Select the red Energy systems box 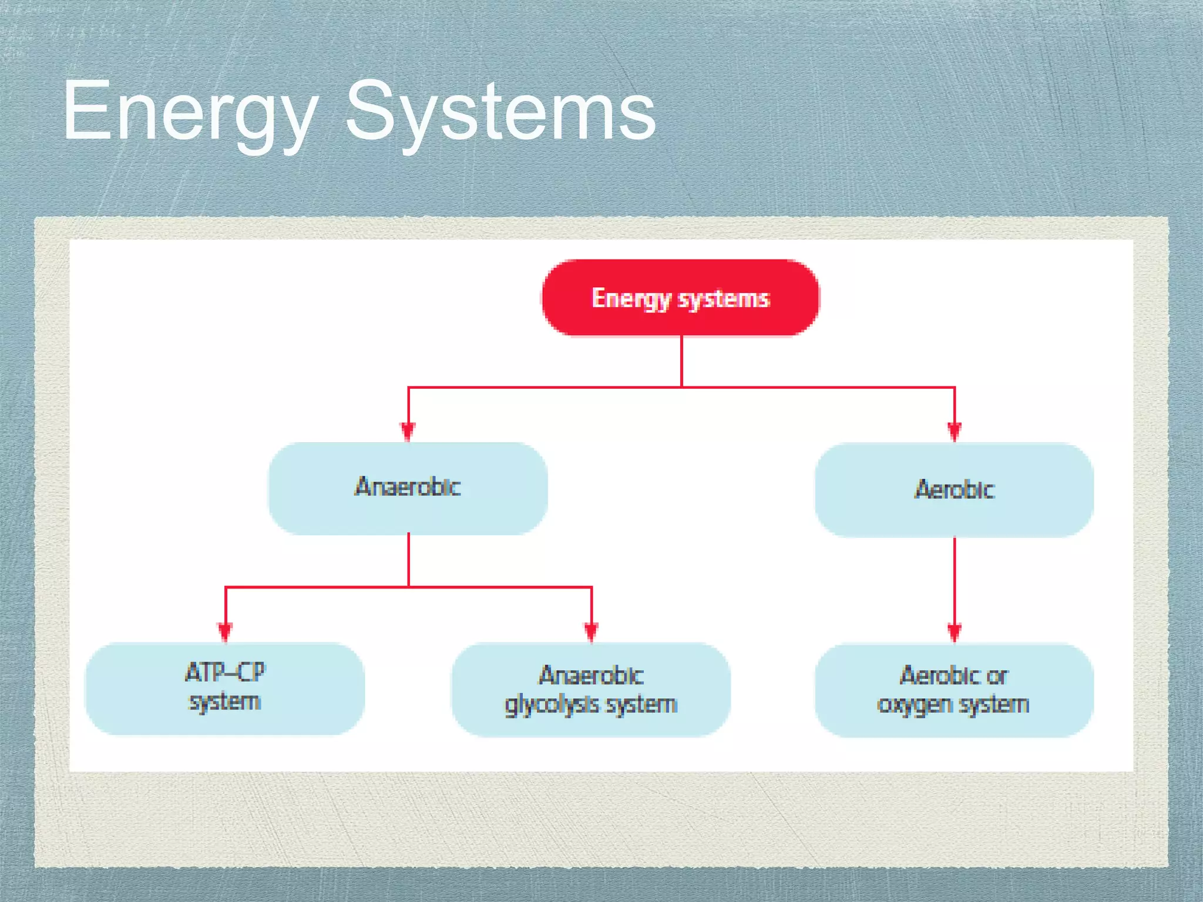tap(681, 298)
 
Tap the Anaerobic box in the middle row tap(408, 487)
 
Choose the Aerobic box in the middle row tap(954, 489)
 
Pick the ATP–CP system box tap(225, 688)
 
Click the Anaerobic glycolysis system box tap(591, 689)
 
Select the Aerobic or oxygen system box tap(954, 690)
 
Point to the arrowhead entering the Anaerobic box tap(408, 432)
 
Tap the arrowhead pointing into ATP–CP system tap(226, 632)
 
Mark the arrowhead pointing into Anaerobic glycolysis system tap(592, 632)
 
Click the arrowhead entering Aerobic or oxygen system tap(955, 633)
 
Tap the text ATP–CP tap(226, 672)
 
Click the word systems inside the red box tap(724, 299)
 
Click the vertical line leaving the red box tap(681, 361)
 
